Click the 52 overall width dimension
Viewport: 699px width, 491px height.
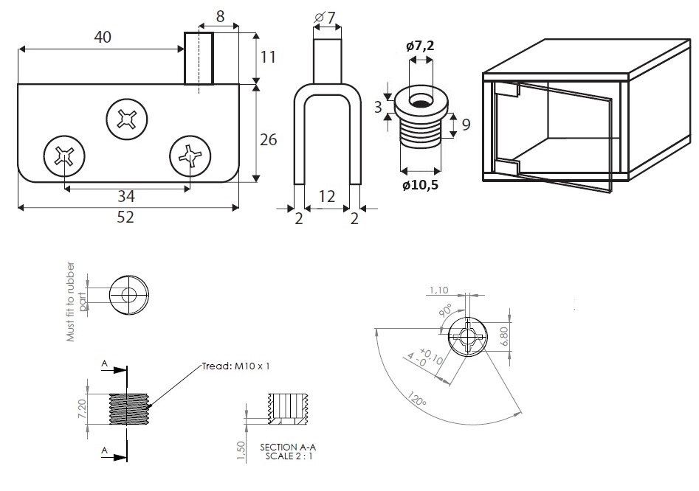pyautogui.click(x=126, y=217)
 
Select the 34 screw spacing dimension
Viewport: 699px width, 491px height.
pyautogui.click(x=127, y=197)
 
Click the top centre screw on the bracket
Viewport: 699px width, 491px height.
pyautogui.click(x=127, y=118)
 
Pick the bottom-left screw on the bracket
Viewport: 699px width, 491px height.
pyautogui.click(x=63, y=156)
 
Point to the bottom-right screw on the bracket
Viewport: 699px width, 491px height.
pyautogui.click(x=190, y=156)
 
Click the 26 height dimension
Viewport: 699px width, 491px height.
pyautogui.click(x=268, y=139)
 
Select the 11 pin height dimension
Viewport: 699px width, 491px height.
pyautogui.click(x=268, y=58)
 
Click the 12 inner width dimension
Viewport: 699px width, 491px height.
pyautogui.click(x=327, y=197)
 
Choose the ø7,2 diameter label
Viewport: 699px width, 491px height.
pyautogui.click(x=420, y=46)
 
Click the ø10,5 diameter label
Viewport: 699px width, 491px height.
pyautogui.click(x=420, y=184)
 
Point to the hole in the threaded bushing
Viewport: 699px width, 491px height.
pyautogui.click(x=421, y=100)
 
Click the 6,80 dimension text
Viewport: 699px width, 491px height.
pyautogui.click(x=504, y=336)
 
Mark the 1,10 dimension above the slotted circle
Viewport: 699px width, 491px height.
pyautogui.click(x=438, y=290)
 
